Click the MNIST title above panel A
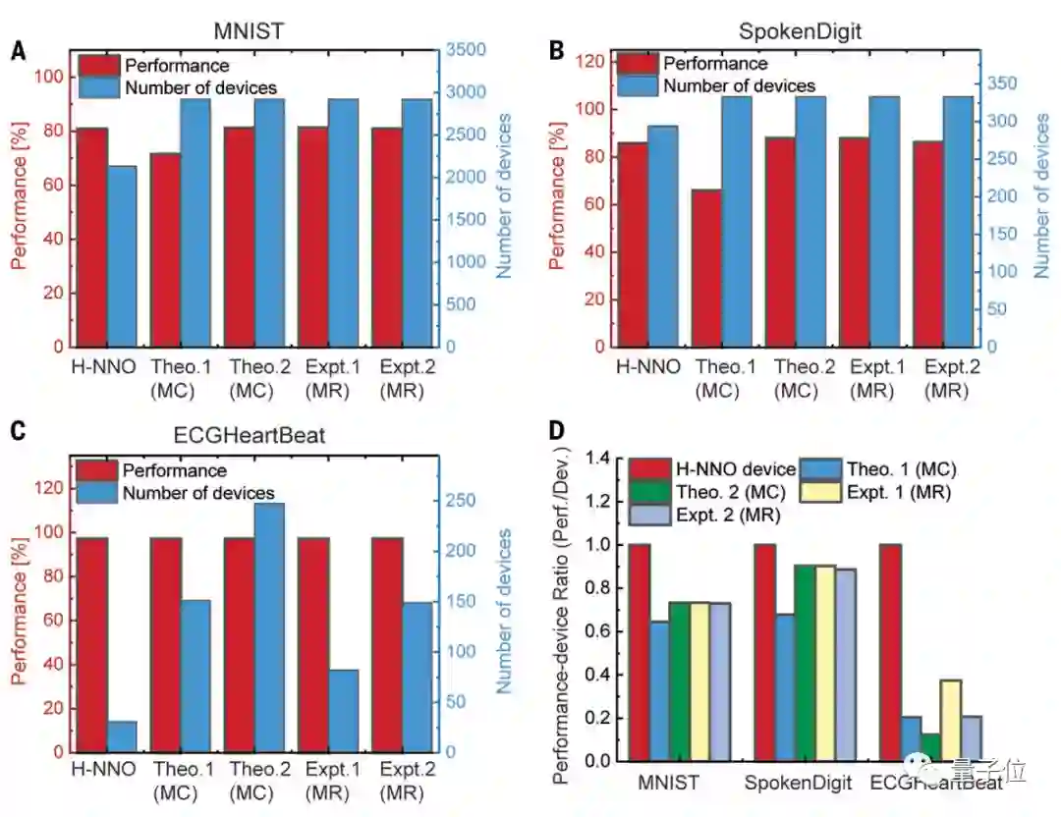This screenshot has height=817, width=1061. click(249, 30)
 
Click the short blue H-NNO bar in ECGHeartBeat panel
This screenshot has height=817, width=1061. click(122, 736)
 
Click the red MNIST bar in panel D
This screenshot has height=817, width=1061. click(640, 652)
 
